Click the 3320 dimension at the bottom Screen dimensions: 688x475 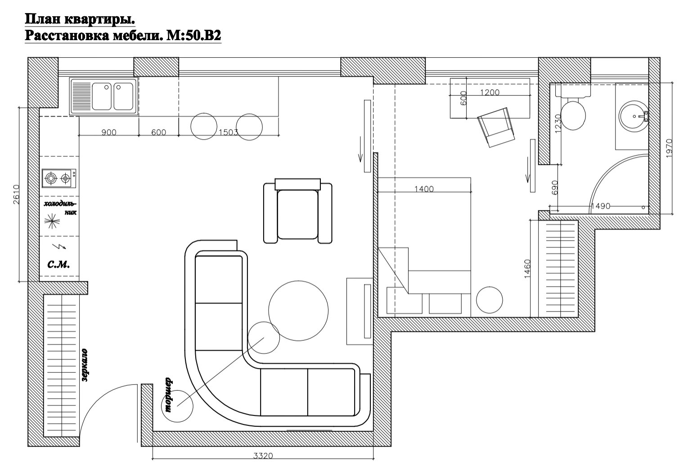263,456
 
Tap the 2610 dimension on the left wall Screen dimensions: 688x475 16,194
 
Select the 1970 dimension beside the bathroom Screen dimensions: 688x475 670,148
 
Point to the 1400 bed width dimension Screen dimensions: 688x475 424,189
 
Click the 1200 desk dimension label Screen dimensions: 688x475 490,92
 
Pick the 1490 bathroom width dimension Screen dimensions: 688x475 600,206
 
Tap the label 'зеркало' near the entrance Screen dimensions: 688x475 85,365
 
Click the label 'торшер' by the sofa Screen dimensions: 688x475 168,395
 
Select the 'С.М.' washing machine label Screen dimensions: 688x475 58,264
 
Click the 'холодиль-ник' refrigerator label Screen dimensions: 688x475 60,208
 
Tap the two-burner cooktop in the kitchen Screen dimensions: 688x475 59,178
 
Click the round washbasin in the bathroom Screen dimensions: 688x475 633,117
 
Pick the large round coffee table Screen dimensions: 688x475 298,311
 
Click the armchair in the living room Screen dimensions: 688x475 297,211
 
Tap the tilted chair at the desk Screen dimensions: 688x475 496,127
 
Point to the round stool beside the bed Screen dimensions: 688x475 489,300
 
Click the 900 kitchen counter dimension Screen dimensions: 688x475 109,132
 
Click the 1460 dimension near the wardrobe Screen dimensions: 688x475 527,269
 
